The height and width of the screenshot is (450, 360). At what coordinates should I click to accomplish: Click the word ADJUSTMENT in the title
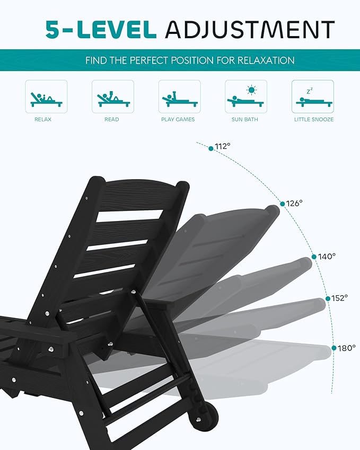click(x=250, y=29)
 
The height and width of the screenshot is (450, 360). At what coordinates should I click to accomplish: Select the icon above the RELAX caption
click(x=46, y=96)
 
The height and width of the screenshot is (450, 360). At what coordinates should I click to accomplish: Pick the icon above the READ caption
click(x=112, y=96)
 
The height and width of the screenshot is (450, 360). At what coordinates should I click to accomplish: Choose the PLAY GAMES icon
click(x=179, y=96)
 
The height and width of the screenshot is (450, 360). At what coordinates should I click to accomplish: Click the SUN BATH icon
click(x=245, y=96)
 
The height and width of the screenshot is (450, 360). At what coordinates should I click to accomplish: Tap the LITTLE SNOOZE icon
click(x=312, y=96)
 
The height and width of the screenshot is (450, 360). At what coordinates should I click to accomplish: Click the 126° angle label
click(x=294, y=202)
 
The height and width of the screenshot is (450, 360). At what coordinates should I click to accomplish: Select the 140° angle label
click(x=327, y=256)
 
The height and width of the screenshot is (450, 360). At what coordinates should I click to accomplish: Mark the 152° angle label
click(x=340, y=298)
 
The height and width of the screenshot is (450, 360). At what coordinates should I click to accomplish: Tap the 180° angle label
click(x=347, y=348)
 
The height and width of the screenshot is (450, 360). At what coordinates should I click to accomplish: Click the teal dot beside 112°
click(x=211, y=148)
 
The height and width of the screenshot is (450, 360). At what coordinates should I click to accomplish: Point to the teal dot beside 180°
click(x=334, y=348)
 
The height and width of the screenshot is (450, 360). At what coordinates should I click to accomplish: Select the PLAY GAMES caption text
click(x=178, y=120)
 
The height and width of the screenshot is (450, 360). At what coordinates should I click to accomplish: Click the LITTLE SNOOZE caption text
click(x=314, y=120)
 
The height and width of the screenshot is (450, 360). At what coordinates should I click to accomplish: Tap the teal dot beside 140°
click(x=314, y=257)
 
